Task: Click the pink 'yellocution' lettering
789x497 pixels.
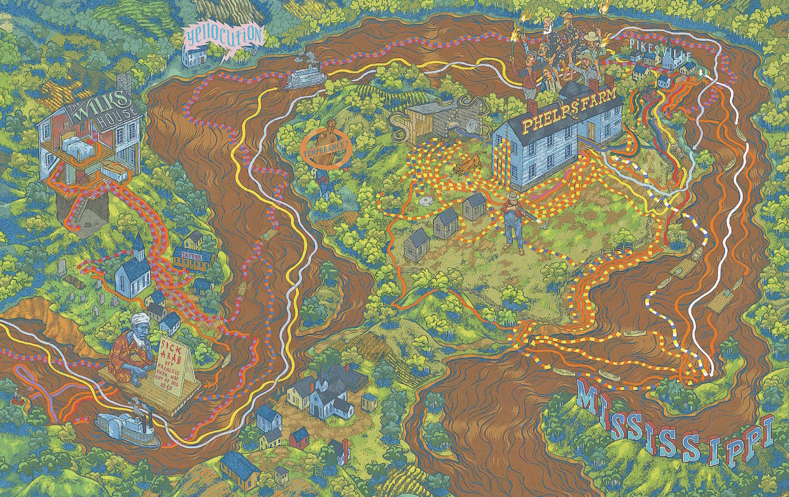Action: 223,35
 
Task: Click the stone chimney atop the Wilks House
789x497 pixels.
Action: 125,83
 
